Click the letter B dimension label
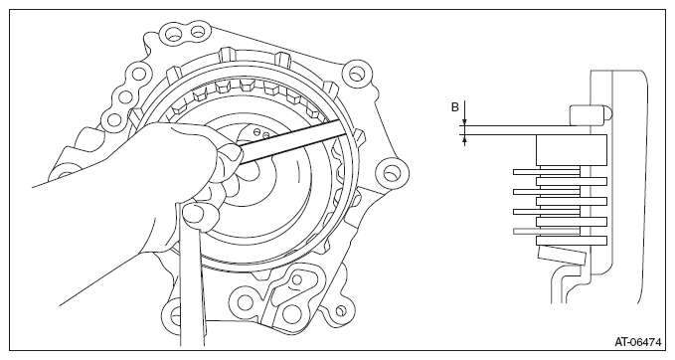pos(455,107)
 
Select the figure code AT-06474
pos(637,342)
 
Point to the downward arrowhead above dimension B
pos(464,121)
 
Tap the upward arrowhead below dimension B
pos(464,139)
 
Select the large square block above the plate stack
pos(572,150)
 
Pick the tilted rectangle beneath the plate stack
pos(562,256)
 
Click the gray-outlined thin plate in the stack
pos(547,232)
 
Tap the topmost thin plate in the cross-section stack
pos(547,172)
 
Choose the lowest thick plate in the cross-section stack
pos(572,241)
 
